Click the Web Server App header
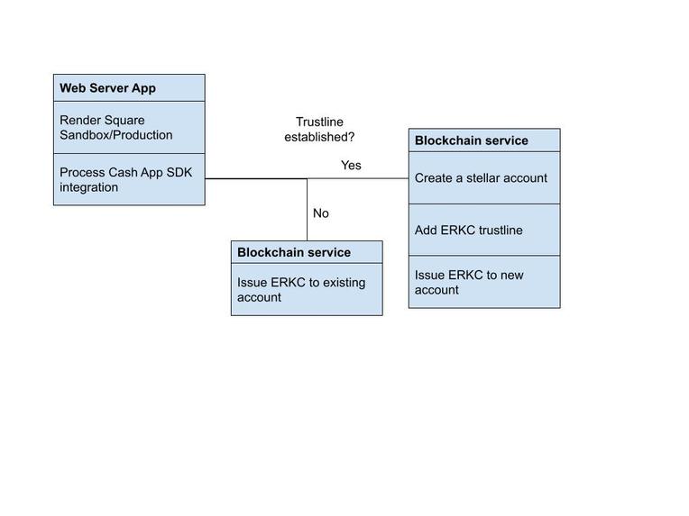click(x=129, y=88)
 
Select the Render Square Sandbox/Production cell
click(x=129, y=127)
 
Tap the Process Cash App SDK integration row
click(x=129, y=179)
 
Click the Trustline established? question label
click(x=319, y=129)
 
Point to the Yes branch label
click(x=351, y=165)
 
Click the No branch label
click(x=321, y=213)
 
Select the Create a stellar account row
click(x=484, y=178)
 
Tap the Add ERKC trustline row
click(x=484, y=230)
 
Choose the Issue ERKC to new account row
click(x=484, y=282)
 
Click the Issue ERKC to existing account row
click(x=307, y=289)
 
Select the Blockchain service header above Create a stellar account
click(x=484, y=140)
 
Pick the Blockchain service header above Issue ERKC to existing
click(x=307, y=252)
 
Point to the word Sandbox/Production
click(x=116, y=135)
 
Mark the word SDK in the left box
click(x=179, y=172)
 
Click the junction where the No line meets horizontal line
click(x=308, y=179)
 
